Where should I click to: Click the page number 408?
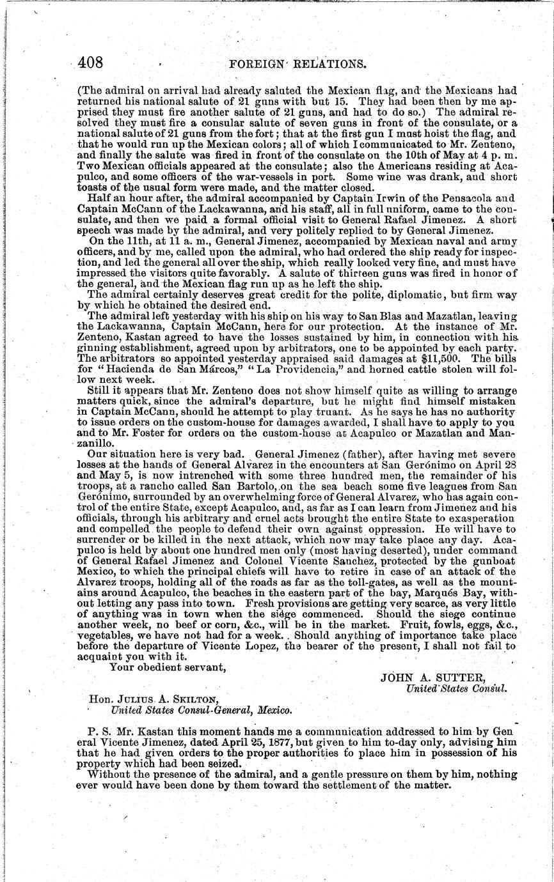point(90,62)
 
